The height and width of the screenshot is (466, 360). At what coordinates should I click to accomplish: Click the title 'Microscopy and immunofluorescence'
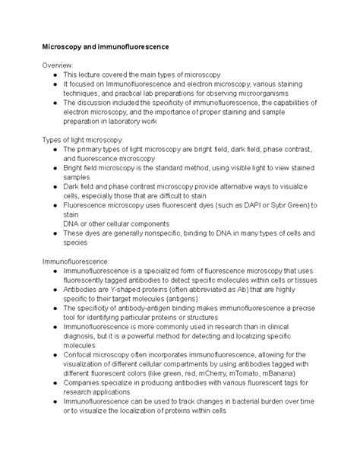pyautogui.click(x=106, y=47)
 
